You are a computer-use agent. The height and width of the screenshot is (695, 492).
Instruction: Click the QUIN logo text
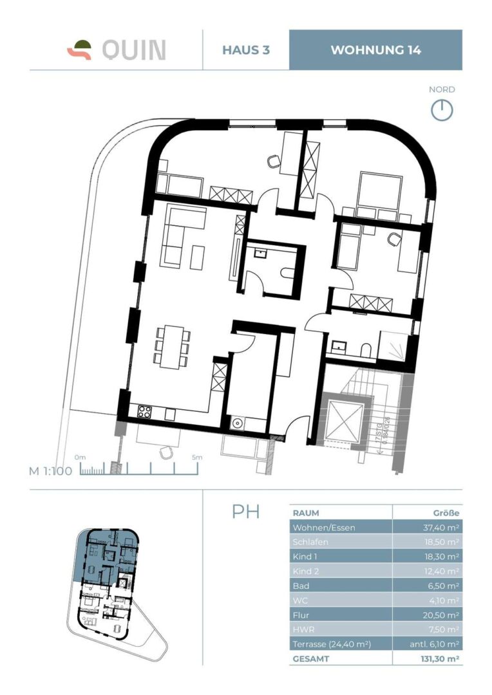pyautogui.click(x=133, y=50)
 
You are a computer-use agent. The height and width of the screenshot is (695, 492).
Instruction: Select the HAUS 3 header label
pyautogui.click(x=245, y=50)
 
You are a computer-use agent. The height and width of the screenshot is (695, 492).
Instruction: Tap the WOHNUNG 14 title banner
pyautogui.click(x=375, y=50)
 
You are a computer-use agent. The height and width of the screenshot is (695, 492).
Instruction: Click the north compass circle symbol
pyautogui.click(x=442, y=111)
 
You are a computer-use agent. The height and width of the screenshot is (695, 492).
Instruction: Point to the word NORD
pyautogui.click(x=442, y=90)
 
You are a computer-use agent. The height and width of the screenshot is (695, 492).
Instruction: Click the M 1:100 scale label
pyautogui.click(x=50, y=470)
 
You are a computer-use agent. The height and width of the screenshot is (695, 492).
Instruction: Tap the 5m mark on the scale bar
pyautogui.click(x=196, y=458)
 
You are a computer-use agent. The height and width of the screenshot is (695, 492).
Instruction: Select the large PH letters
pyautogui.click(x=246, y=512)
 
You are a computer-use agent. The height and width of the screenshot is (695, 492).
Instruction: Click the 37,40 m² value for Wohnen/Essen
pyautogui.click(x=438, y=528)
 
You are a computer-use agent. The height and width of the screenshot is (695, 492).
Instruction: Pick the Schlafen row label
pyautogui.click(x=310, y=542)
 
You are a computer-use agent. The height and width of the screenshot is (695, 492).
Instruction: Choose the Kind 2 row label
pyautogui.click(x=307, y=571)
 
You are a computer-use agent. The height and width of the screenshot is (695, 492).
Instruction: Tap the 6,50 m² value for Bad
pyautogui.click(x=440, y=586)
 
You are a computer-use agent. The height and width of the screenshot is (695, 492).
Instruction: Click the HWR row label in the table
pyautogui.click(x=304, y=629)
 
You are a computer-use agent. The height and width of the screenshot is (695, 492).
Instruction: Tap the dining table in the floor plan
pyautogui.click(x=172, y=346)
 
